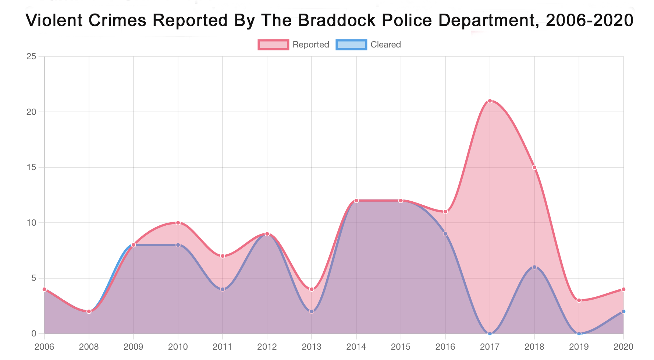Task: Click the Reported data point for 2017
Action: click(490, 101)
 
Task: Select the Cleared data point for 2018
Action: click(534, 267)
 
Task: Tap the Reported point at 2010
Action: click(178, 223)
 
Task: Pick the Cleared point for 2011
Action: click(223, 289)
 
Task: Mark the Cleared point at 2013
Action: click(312, 311)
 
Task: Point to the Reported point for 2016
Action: click(445, 212)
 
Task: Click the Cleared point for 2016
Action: click(445, 234)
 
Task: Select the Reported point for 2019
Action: click(579, 300)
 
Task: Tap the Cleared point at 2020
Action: click(623, 311)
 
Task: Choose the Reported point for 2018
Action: click(534, 167)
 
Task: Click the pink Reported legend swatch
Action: click(273, 45)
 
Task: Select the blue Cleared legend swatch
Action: click(351, 45)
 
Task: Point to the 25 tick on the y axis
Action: click(31, 56)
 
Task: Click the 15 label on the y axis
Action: click(31, 167)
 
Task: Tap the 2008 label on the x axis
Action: click(89, 347)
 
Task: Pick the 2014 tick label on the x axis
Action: click(356, 347)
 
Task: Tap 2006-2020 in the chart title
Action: click(590, 20)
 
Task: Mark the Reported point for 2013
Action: click(312, 289)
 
